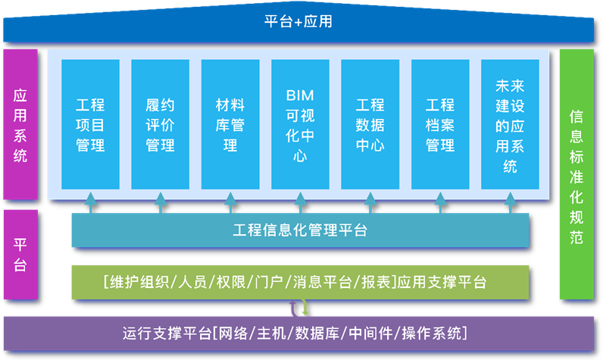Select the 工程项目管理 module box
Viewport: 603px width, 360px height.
(90, 124)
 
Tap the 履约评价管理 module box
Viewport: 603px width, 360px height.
(160, 124)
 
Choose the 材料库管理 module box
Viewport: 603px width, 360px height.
(230, 124)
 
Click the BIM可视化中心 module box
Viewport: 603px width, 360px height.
(300, 124)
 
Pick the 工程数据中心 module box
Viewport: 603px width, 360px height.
(370, 124)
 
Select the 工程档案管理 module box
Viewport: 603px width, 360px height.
(440, 124)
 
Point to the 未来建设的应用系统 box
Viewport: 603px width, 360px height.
(510, 124)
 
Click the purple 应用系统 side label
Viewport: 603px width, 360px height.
(20, 125)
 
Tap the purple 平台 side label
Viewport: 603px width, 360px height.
(20, 255)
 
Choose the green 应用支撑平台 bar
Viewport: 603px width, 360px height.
(300, 282)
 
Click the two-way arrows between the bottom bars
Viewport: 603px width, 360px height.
(299, 307)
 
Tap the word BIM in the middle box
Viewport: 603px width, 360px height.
(300, 95)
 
